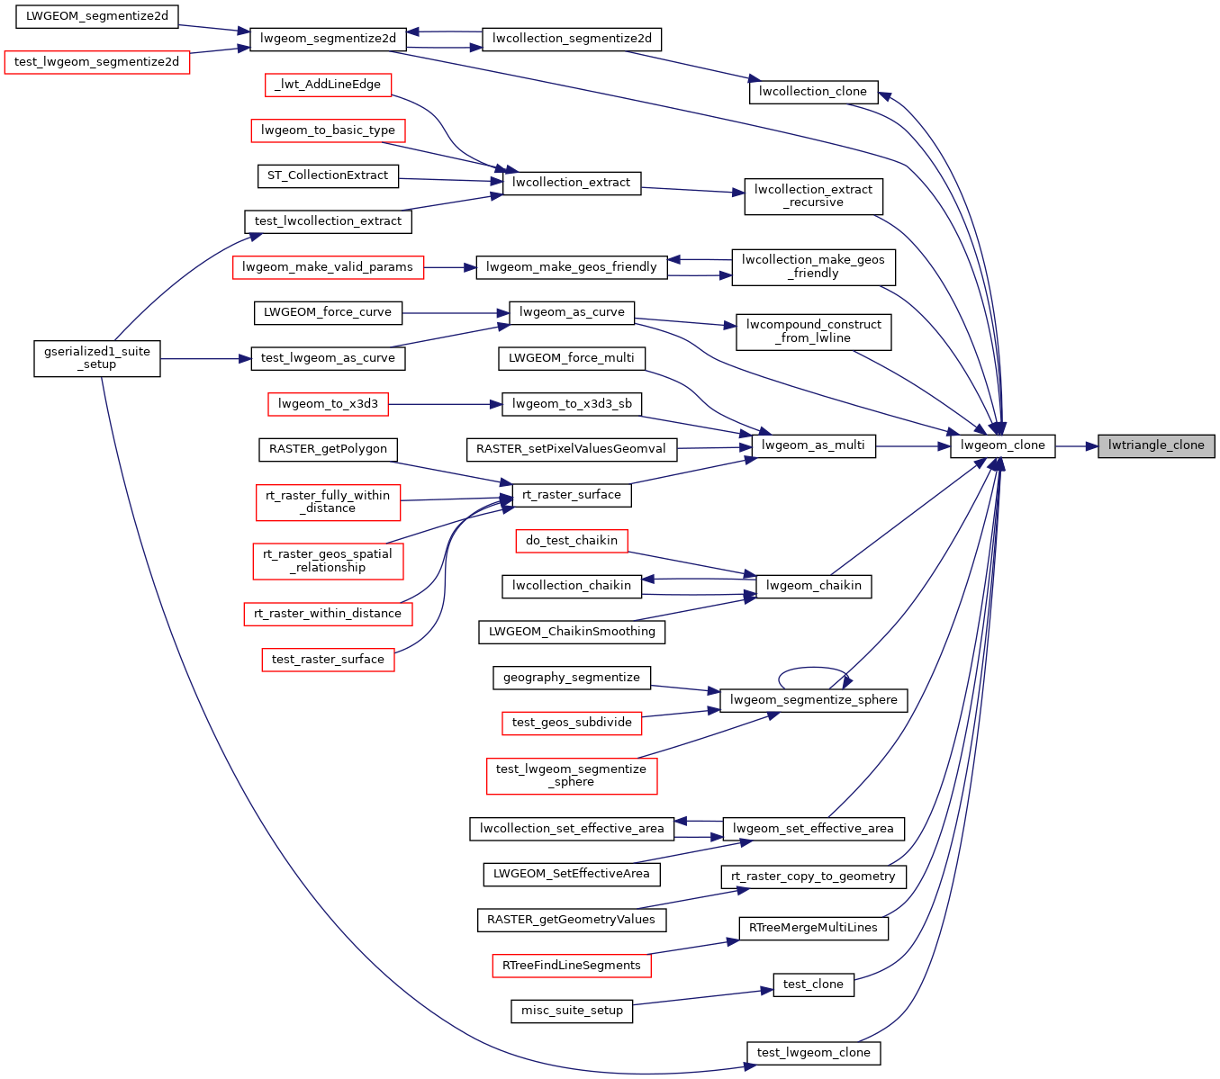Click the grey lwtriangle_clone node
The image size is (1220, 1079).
(x=1156, y=445)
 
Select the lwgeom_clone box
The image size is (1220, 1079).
(x=1002, y=445)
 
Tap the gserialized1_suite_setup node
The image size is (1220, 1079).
(x=97, y=358)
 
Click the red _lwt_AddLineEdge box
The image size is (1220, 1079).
(x=329, y=85)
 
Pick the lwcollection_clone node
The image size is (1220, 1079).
(x=812, y=92)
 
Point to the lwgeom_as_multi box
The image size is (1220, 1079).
(x=812, y=445)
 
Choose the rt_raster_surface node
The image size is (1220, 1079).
(x=572, y=495)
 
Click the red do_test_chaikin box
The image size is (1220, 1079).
(x=572, y=541)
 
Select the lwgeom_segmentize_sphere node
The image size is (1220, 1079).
(x=813, y=700)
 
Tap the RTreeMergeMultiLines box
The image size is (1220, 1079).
(x=813, y=928)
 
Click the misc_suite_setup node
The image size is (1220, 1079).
(x=572, y=1011)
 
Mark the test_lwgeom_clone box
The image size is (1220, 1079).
(x=813, y=1053)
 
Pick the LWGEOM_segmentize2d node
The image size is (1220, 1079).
(x=97, y=16)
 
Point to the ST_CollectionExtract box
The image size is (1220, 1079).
(x=328, y=175)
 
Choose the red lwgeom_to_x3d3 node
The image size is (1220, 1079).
(x=328, y=404)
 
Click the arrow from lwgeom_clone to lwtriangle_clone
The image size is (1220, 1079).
(x=1076, y=445)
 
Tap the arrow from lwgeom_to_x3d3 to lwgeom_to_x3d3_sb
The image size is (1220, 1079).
(x=445, y=404)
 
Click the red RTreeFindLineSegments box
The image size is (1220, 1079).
(x=572, y=966)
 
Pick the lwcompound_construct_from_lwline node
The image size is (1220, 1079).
(x=813, y=331)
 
